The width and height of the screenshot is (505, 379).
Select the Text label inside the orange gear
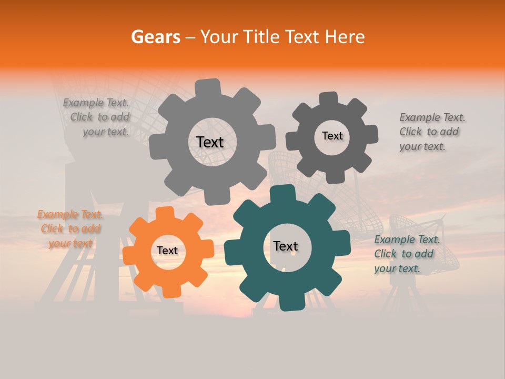point(167,251)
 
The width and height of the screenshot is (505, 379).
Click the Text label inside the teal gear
point(286,246)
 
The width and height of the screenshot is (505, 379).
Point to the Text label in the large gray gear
point(210,142)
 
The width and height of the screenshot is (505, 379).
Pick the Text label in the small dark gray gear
point(332,136)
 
